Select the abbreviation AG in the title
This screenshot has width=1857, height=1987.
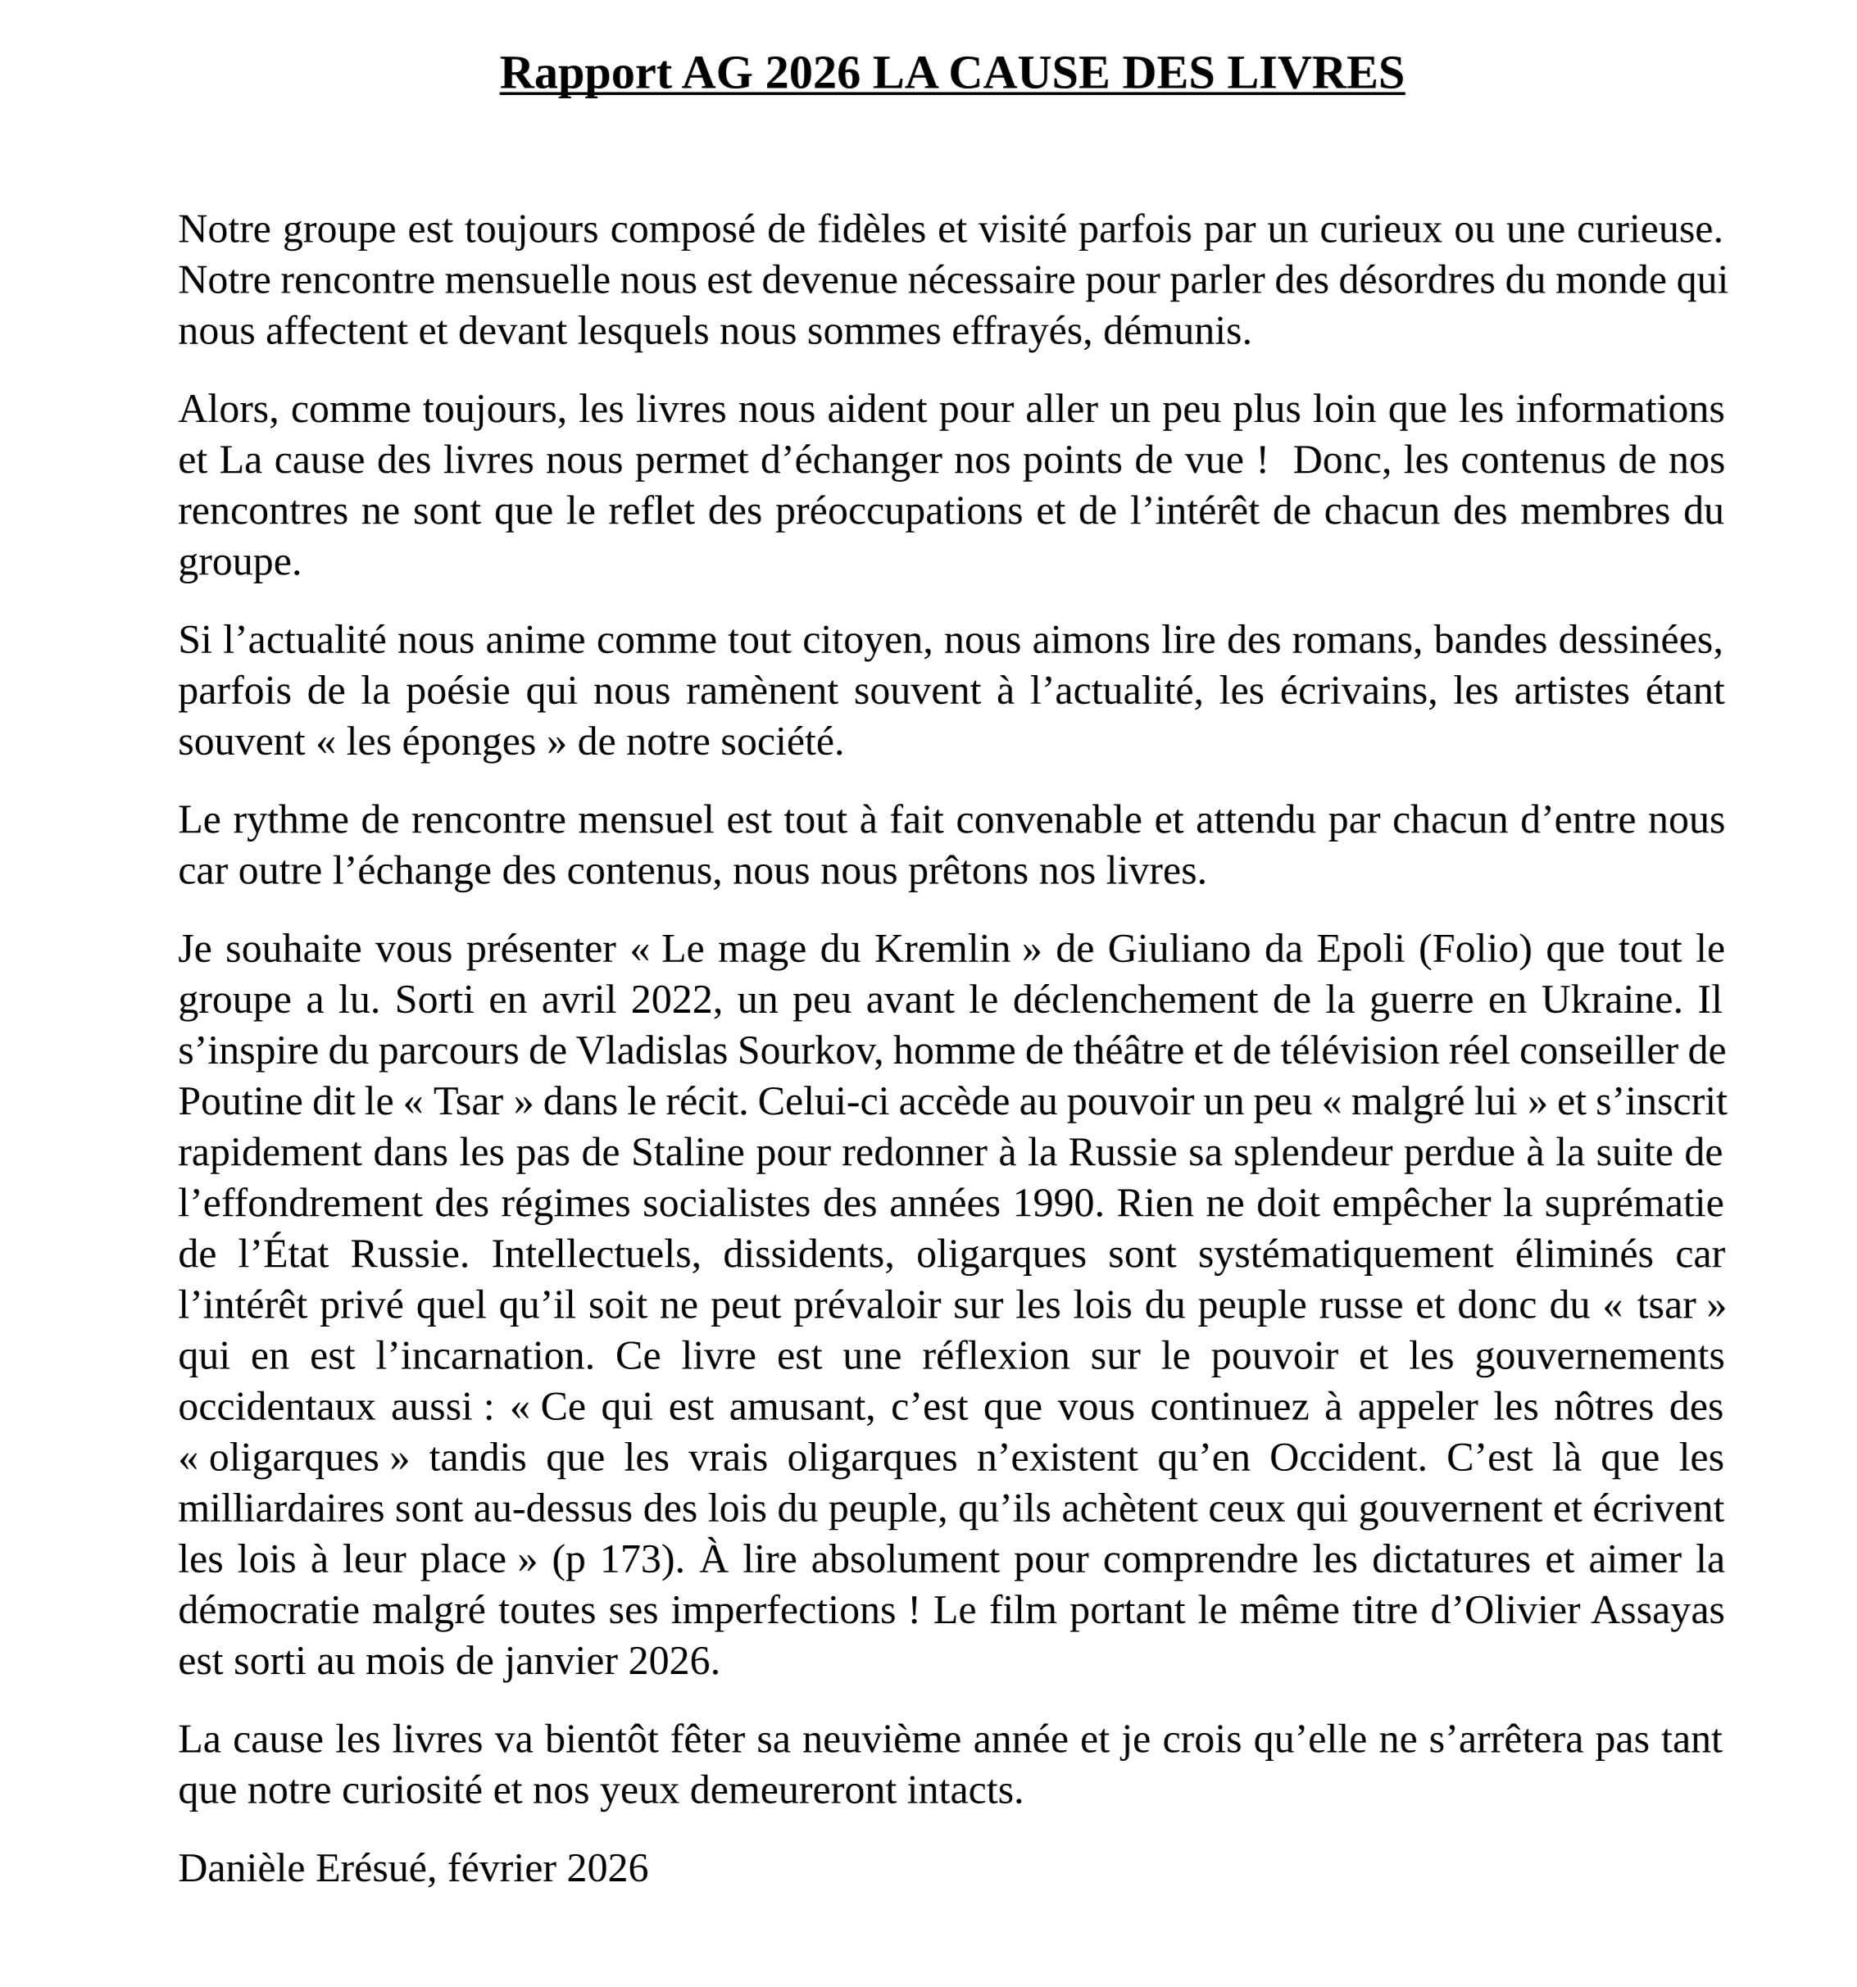click(x=716, y=74)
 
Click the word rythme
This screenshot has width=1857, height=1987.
click(x=290, y=820)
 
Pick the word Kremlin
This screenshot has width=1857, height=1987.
click(x=942, y=950)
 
